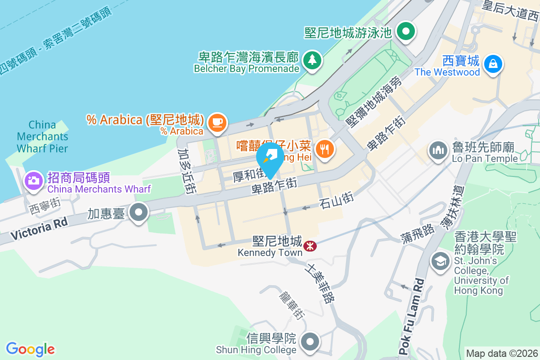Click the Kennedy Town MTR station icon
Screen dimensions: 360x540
309,246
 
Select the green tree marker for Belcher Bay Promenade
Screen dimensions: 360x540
311,60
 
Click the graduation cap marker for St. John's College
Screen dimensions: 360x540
440,261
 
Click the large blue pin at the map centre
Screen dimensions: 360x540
270,159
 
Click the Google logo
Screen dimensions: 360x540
30,349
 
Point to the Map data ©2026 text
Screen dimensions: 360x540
501,353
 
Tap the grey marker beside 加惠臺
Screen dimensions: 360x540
138,213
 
